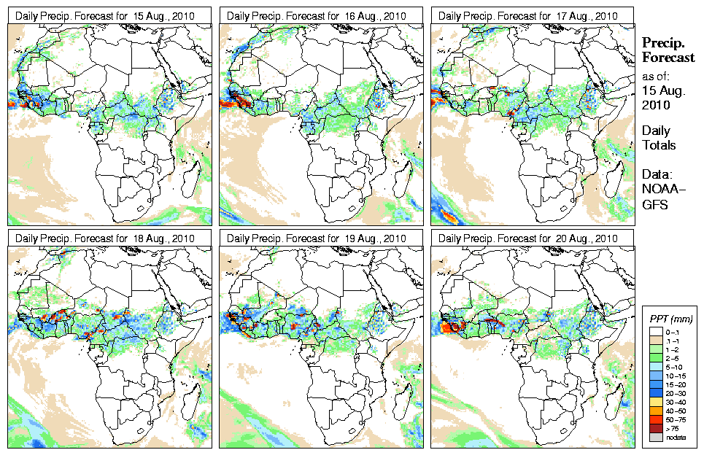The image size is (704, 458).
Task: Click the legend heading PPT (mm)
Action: [671, 319]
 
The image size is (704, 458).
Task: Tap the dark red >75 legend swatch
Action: [654, 427]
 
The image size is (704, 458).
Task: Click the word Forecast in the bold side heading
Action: [668, 58]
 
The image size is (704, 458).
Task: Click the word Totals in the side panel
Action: [659, 145]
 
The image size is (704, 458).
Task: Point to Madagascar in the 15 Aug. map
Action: [191, 177]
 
